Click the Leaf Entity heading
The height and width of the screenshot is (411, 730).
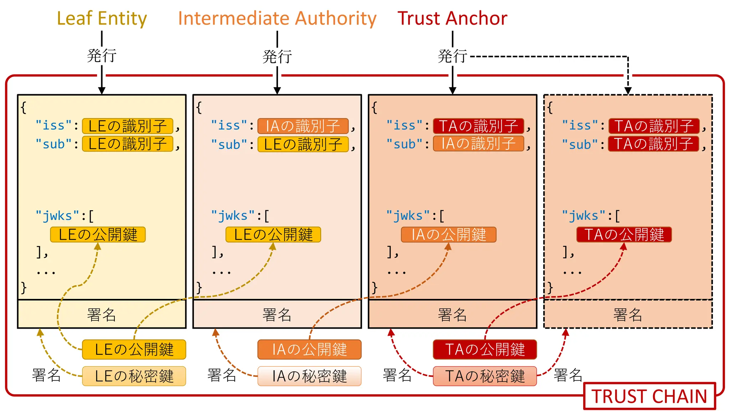[102, 19]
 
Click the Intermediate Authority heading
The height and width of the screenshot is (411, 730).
[277, 19]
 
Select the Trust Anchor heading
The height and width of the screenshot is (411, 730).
[452, 19]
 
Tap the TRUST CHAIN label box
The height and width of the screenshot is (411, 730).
[649, 396]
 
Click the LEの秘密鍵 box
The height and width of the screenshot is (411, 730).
[134, 376]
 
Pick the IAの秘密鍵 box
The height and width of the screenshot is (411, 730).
[309, 376]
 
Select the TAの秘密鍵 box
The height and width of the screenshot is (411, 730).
[485, 376]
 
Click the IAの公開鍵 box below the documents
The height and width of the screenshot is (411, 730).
[309, 349]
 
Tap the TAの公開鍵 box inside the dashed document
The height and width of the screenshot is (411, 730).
[624, 234]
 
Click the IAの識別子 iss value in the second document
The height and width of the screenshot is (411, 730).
[303, 126]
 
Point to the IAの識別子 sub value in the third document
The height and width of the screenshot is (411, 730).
[478, 143]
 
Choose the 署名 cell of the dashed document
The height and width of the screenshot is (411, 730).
[628, 314]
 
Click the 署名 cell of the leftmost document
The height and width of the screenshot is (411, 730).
[102, 314]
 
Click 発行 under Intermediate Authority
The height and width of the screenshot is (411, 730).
[277, 56]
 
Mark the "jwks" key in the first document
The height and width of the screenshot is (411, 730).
[57, 216]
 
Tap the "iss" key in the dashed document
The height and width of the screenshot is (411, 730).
[580, 126]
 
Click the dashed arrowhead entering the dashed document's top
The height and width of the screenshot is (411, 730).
[628, 91]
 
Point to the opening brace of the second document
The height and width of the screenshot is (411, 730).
[199, 107]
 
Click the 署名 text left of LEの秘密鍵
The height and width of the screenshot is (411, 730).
[46, 375]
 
